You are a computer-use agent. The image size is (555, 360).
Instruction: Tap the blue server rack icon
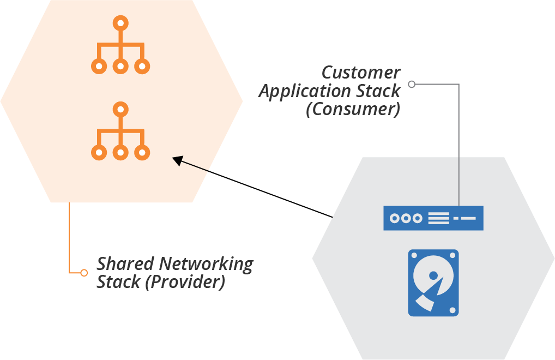(x=433, y=218)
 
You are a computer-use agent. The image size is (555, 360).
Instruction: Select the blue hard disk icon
(x=433, y=283)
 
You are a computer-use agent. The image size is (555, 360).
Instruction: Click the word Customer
(x=361, y=73)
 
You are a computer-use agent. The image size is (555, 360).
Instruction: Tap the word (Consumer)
(x=353, y=109)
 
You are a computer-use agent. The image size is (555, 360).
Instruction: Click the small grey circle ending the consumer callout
(x=412, y=84)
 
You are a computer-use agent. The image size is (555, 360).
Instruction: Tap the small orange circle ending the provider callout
(x=84, y=272)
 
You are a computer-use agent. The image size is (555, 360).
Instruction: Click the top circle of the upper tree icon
(x=120, y=23)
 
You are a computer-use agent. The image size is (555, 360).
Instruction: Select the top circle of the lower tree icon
(x=120, y=109)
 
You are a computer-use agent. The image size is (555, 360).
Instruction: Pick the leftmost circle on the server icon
(x=394, y=218)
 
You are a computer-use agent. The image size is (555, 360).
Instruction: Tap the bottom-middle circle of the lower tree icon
(x=120, y=153)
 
